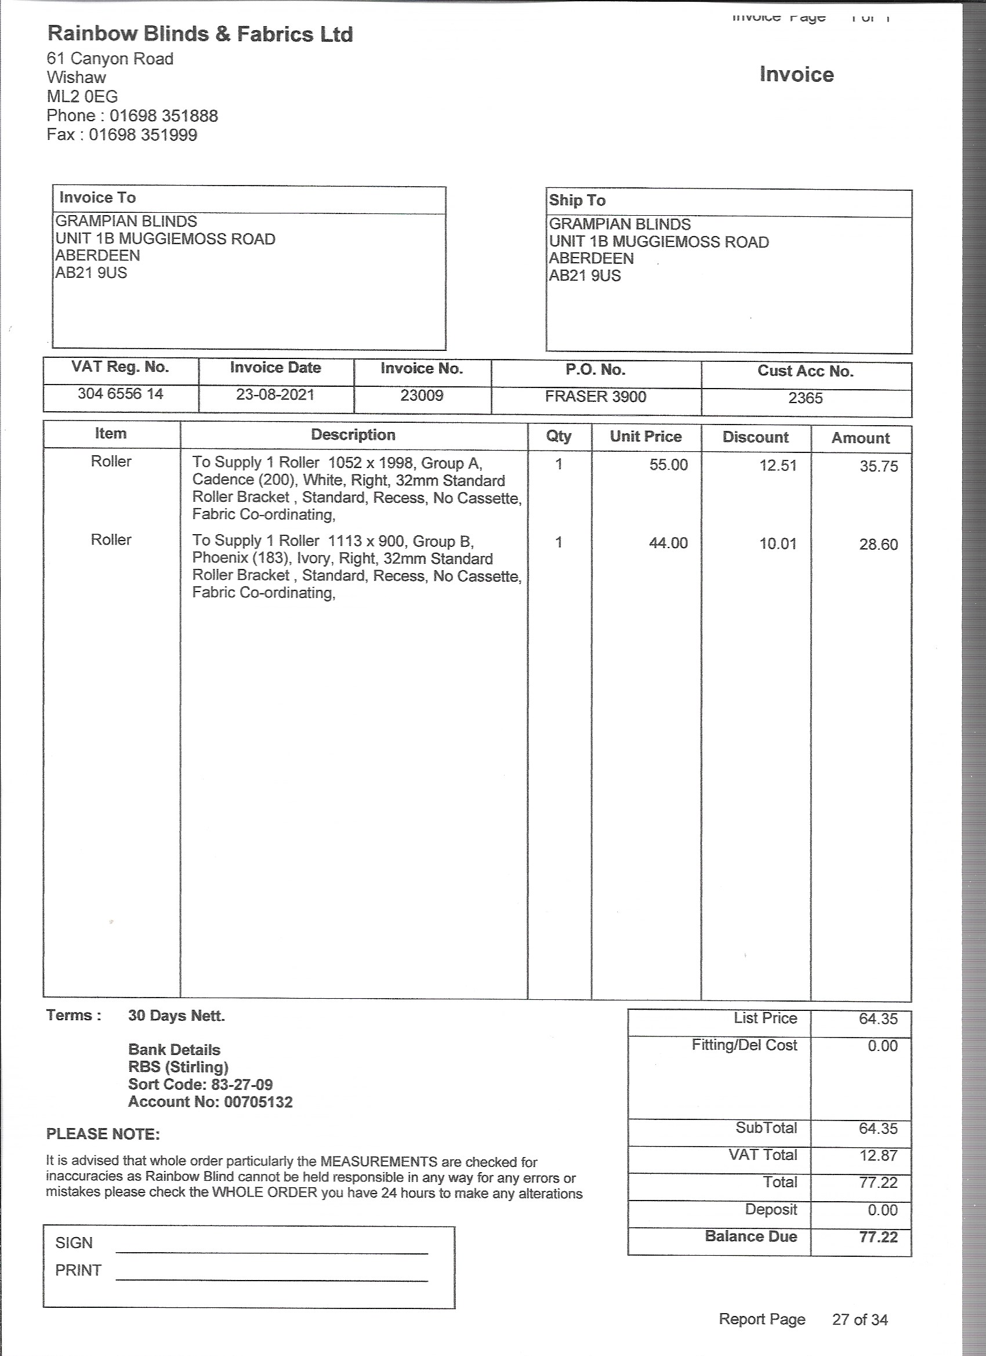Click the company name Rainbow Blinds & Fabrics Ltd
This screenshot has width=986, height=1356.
coord(200,34)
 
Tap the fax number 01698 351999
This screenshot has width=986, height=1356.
coord(143,135)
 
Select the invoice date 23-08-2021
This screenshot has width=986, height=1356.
coord(275,394)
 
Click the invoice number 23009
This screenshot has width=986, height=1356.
coord(422,396)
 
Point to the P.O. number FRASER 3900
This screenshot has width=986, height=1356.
coord(596,396)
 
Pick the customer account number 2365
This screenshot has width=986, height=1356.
coord(806,398)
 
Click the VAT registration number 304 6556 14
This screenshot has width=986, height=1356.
coord(120,393)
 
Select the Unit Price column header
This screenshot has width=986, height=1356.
coord(646,437)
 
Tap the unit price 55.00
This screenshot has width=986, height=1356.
coord(669,465)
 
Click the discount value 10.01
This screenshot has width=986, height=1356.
coord(778,544)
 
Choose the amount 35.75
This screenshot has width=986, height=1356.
coord(878,466)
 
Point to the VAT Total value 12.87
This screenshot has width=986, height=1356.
coord(878,1155)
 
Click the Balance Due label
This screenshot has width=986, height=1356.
coord(751,1236)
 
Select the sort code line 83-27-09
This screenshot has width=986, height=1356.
coord(200,1085)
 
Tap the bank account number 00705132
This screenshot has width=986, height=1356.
coord(258,1102)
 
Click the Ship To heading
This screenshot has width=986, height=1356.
coord(577,200)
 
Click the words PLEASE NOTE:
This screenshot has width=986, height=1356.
coord(103,1134)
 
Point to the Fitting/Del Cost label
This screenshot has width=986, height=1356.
coord(745,1045)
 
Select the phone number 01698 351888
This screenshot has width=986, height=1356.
coord(163,115)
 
